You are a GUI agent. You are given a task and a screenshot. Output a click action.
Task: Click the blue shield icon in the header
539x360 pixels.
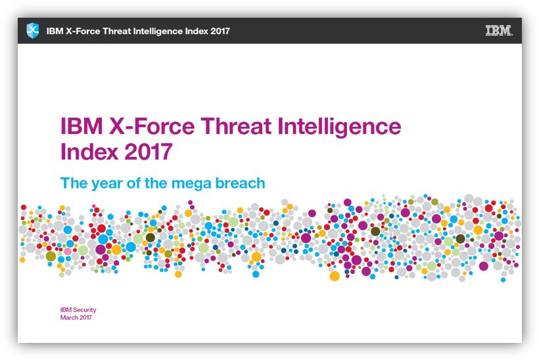tap(33, 30)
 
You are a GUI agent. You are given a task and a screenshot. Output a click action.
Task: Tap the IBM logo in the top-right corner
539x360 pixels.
tap(499, 30)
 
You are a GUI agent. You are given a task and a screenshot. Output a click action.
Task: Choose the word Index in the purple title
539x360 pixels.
tap(88, 152)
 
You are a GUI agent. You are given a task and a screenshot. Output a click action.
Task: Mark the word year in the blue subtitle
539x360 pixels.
tap(108, 183)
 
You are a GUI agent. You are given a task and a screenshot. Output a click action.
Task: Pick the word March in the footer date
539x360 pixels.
tap(69, 318)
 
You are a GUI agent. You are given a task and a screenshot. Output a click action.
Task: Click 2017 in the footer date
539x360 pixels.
tap(85, 318)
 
